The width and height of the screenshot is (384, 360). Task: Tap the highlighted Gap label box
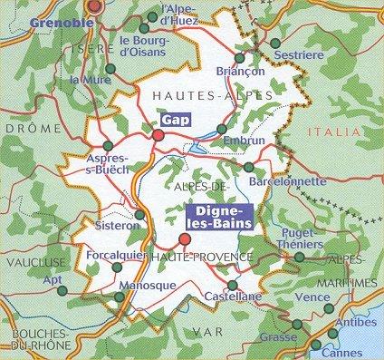173,119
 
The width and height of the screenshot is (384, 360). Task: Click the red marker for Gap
158,135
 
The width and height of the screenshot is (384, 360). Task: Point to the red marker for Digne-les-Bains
185,239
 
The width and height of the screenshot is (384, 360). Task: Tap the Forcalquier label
114,256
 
